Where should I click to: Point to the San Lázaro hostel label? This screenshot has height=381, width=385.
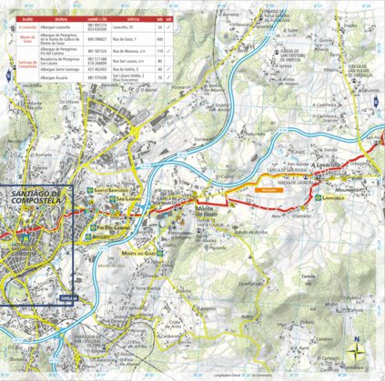[127, 198]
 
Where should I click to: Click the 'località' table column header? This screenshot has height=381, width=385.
[27, 17]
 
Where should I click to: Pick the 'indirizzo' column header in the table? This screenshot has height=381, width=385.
[134, 17]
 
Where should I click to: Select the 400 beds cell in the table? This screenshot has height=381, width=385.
[160, 40]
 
